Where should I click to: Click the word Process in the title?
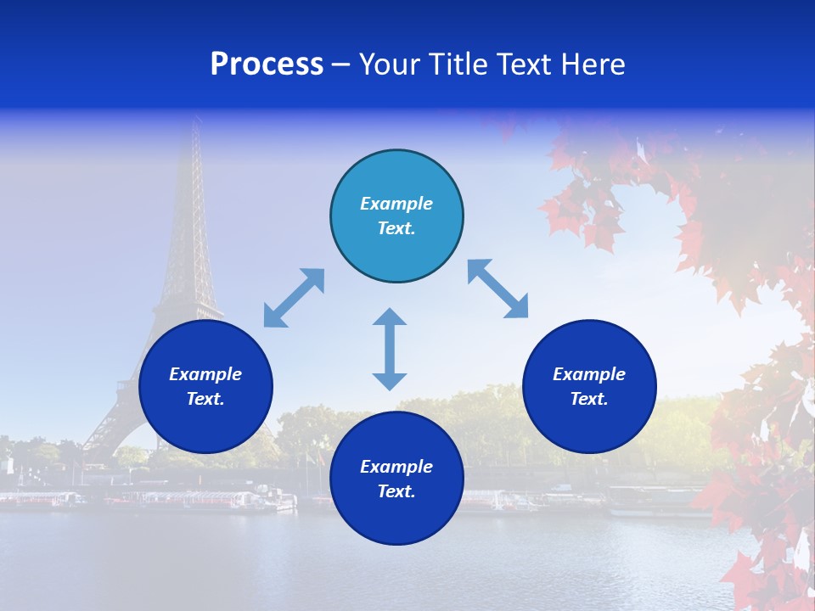point(267,64)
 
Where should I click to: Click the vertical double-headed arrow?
point(390,349)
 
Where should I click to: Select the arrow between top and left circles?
point(294,298)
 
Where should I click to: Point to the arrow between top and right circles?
point(497,289)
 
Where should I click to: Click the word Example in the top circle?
point(396,204)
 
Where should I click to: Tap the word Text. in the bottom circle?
point(396,491)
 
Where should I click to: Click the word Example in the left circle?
point(205,374)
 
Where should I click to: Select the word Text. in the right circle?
point(589,399)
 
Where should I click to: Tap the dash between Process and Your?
point(341,64)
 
